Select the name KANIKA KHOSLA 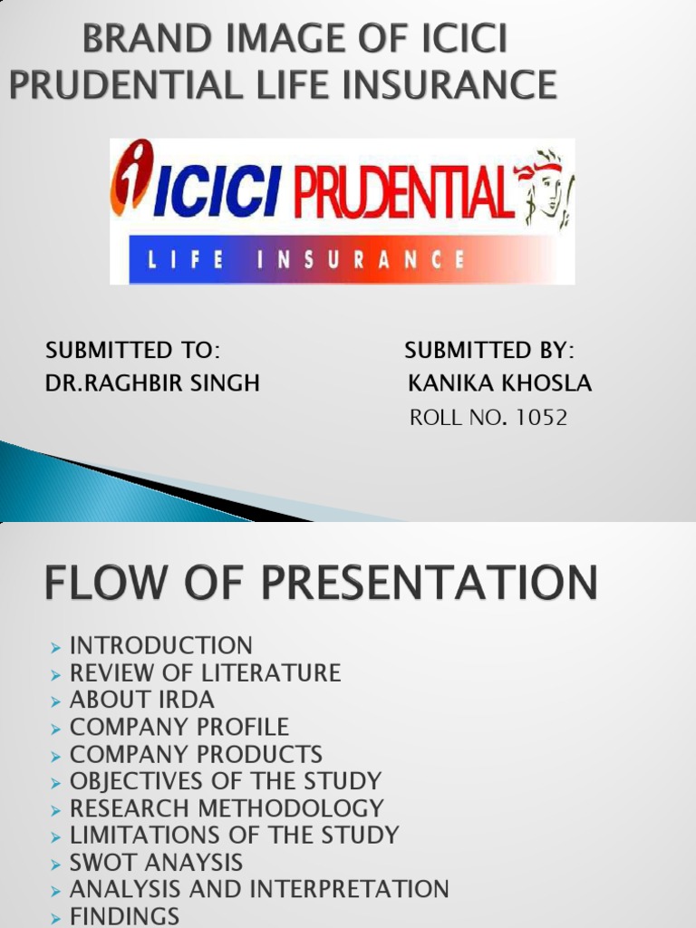tap(499, 383)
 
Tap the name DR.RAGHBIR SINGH tap(152, 383)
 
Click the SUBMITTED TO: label tap(132, 350)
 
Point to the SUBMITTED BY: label tap(488, 350)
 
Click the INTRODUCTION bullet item tap(160, 645)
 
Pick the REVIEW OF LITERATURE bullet tap(205, 672)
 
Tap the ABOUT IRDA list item tap(141, 700)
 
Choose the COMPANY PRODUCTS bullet tap(196, 754)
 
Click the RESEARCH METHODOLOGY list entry tap(227, 807)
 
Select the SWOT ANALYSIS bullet tap(156, 862)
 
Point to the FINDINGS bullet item tap(124, 915)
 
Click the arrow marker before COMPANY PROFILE tap(56, 728)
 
